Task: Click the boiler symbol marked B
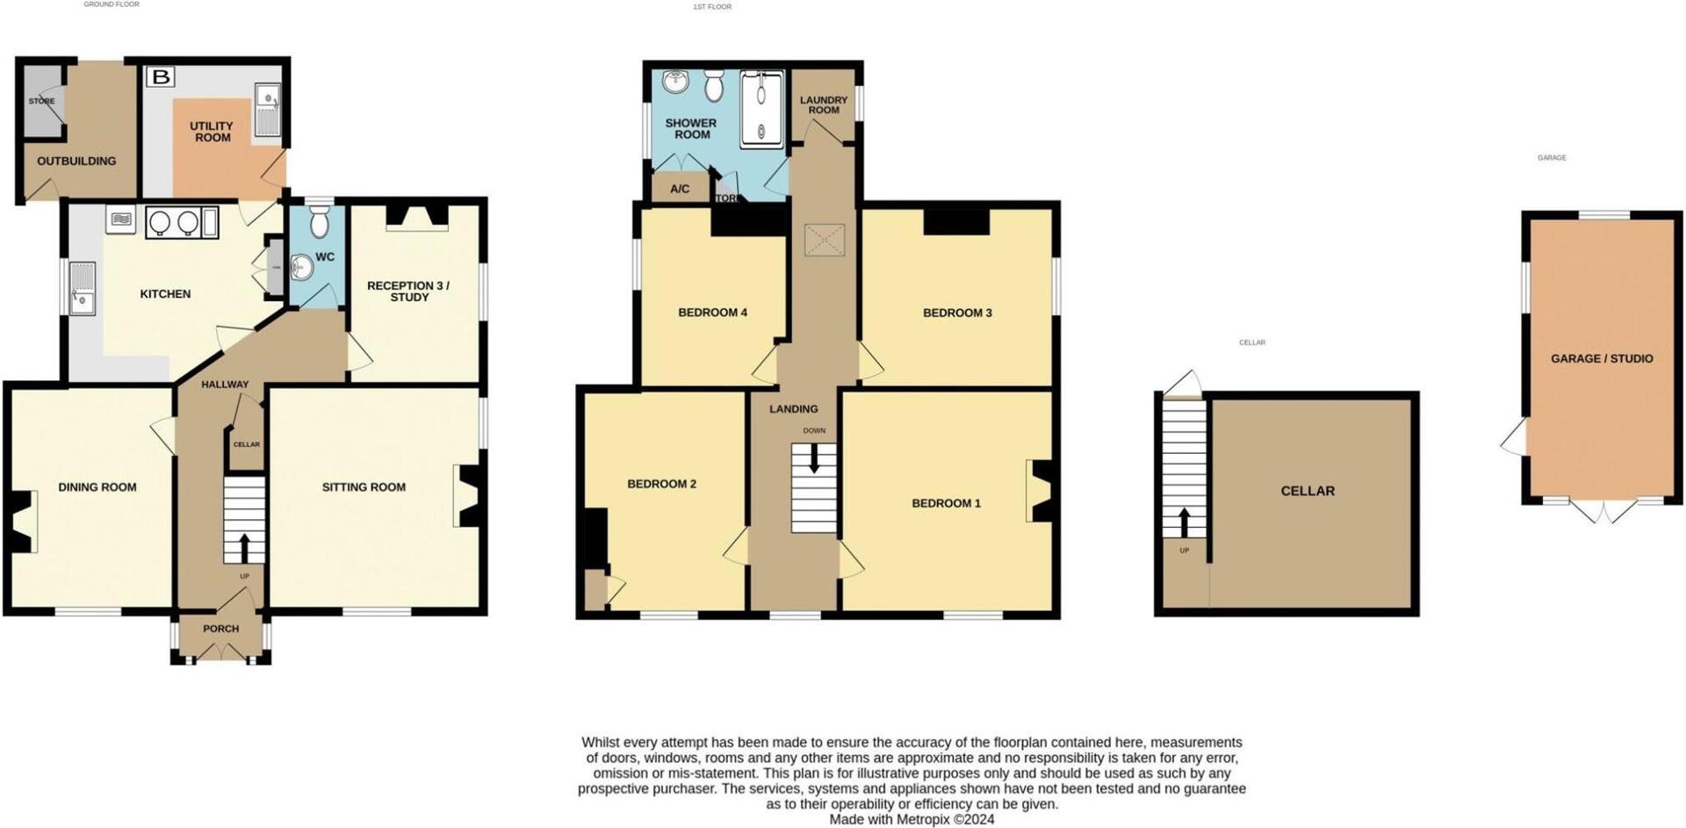pos(161,77)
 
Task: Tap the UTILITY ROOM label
pos(212,132)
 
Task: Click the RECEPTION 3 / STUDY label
pos(408,292)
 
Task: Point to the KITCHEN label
pos(165,294)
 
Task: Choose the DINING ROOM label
pos(97,487)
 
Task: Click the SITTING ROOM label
pos(364,487)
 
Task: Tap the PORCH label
pos(220,629)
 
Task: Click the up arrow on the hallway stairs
pos(244,548)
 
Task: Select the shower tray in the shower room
pos(761,108)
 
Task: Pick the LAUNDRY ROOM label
pos(824,105)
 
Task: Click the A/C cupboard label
pos(680,189)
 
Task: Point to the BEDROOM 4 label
pos(712,313)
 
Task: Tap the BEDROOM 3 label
pos(957,313)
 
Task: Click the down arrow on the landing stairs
pos(814,458)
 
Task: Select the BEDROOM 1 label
pos(946,503)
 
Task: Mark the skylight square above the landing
pos(825,240)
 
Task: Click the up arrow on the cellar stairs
pos(1184,522)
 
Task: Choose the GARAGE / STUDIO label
pos(1602,358)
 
